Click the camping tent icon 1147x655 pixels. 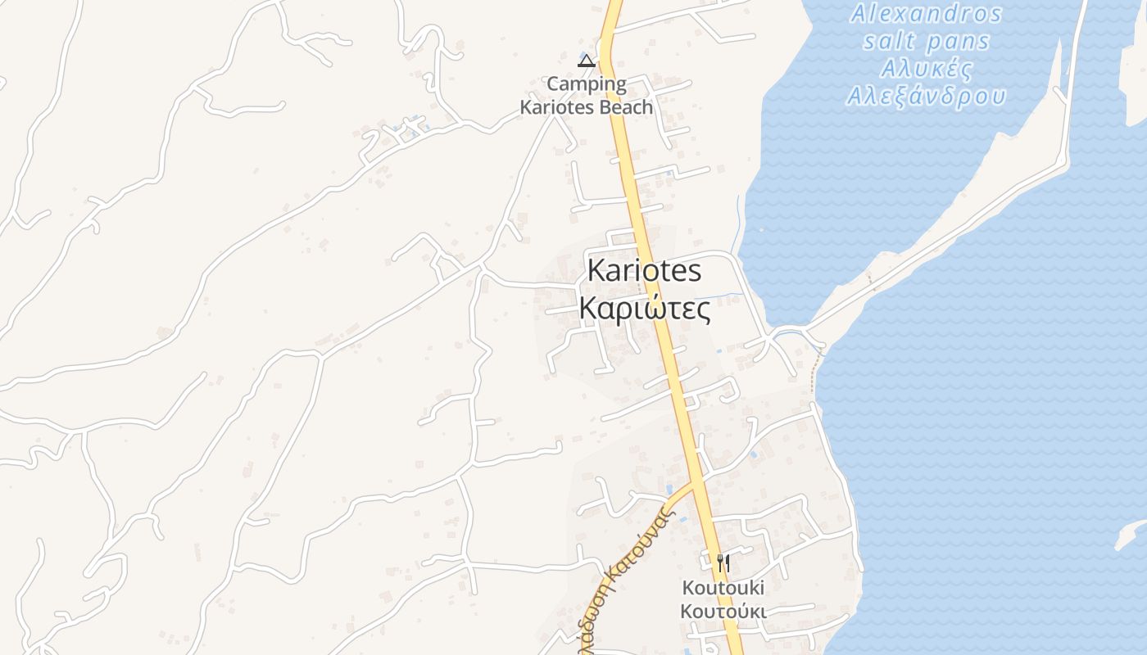click(586, 60)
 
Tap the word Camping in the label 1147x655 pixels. click(587, 84)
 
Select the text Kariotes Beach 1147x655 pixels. click(587, 107)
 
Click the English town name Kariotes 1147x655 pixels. click(644, 270)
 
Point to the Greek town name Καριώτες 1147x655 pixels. click(644, 309)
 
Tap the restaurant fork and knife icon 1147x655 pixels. click(723, 563)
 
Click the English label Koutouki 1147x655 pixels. click(723, 588)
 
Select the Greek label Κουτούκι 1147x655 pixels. click(723, 612)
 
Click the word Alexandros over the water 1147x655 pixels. click(926, 14)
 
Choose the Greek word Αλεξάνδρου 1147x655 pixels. click(926, 96)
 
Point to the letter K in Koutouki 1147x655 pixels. click(689, 588)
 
